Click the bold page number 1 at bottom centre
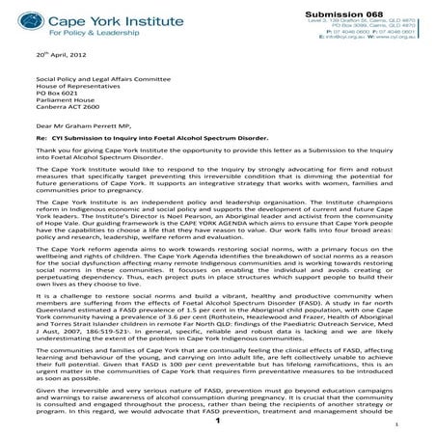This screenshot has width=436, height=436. pos(218,422)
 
